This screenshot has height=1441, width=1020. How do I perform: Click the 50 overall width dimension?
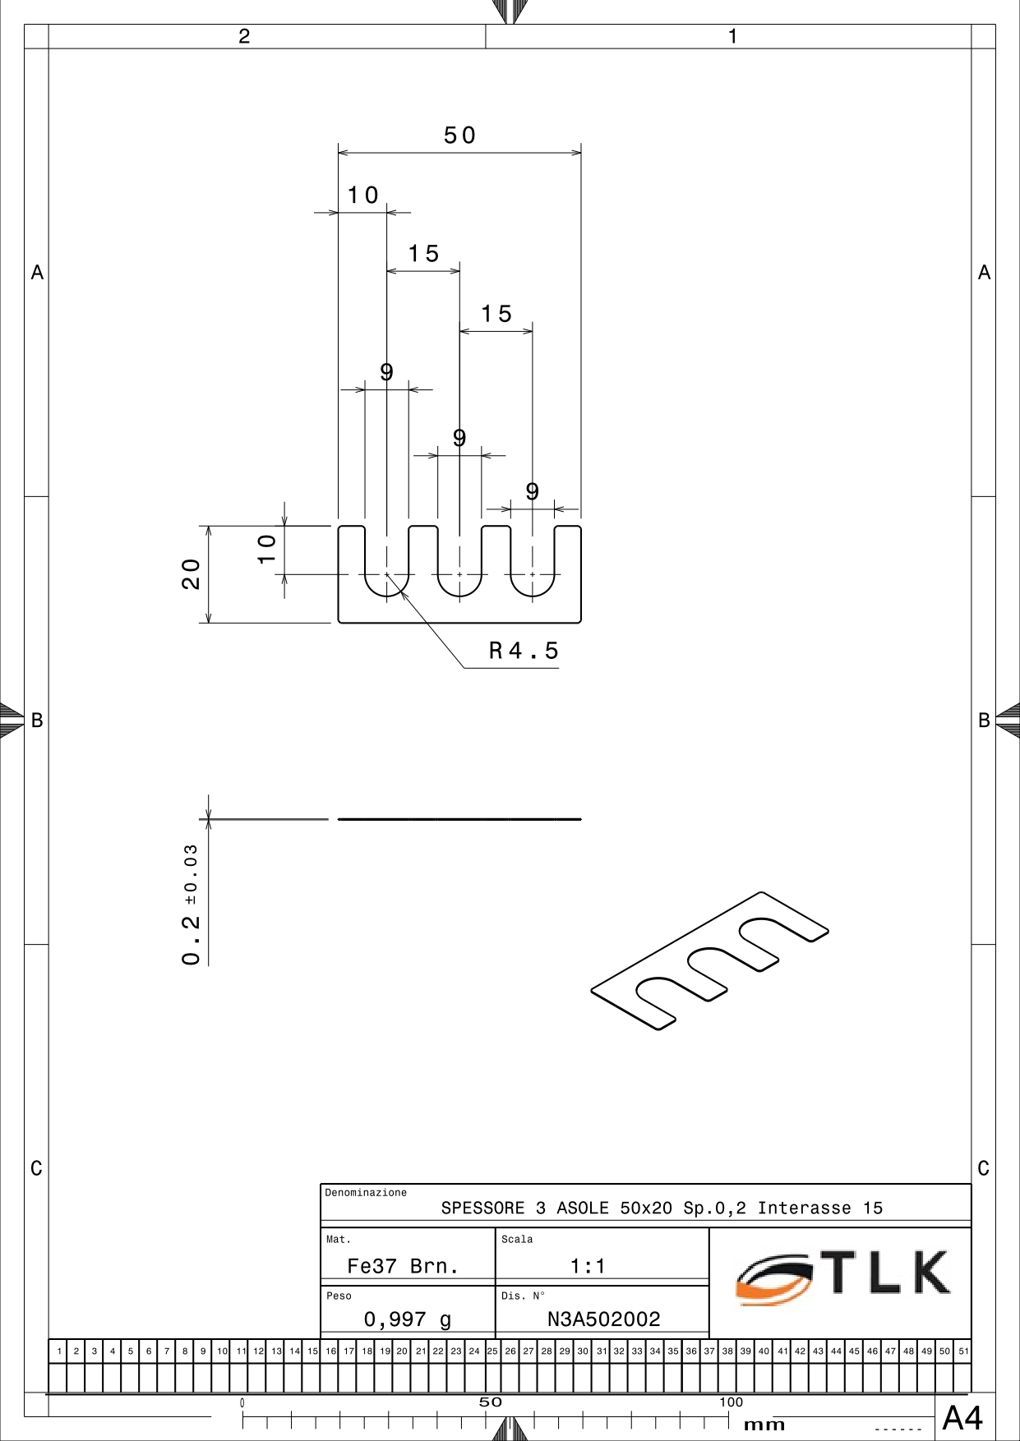pyautogui.click(x=459, y=136)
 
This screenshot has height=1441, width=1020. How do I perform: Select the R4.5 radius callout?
pyautogui.click(x=524, y=651)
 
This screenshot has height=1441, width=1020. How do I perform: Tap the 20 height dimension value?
pyautogui.click(x=191, y=574)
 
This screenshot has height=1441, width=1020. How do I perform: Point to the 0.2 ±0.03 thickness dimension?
pyautogui.click(x=191, y=905)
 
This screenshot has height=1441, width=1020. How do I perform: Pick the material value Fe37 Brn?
pyautogui.click(x=403, y=1266)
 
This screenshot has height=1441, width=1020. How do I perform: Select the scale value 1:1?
pyautogui.click(x=588, y=1266)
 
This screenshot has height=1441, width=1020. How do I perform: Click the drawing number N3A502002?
pyautogui.click(x=604, y=1319)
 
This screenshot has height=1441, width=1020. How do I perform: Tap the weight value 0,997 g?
pyautogui.click(x=408, y=1319)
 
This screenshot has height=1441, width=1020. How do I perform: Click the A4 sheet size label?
pyautogui.click(x=962, y=1418)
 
